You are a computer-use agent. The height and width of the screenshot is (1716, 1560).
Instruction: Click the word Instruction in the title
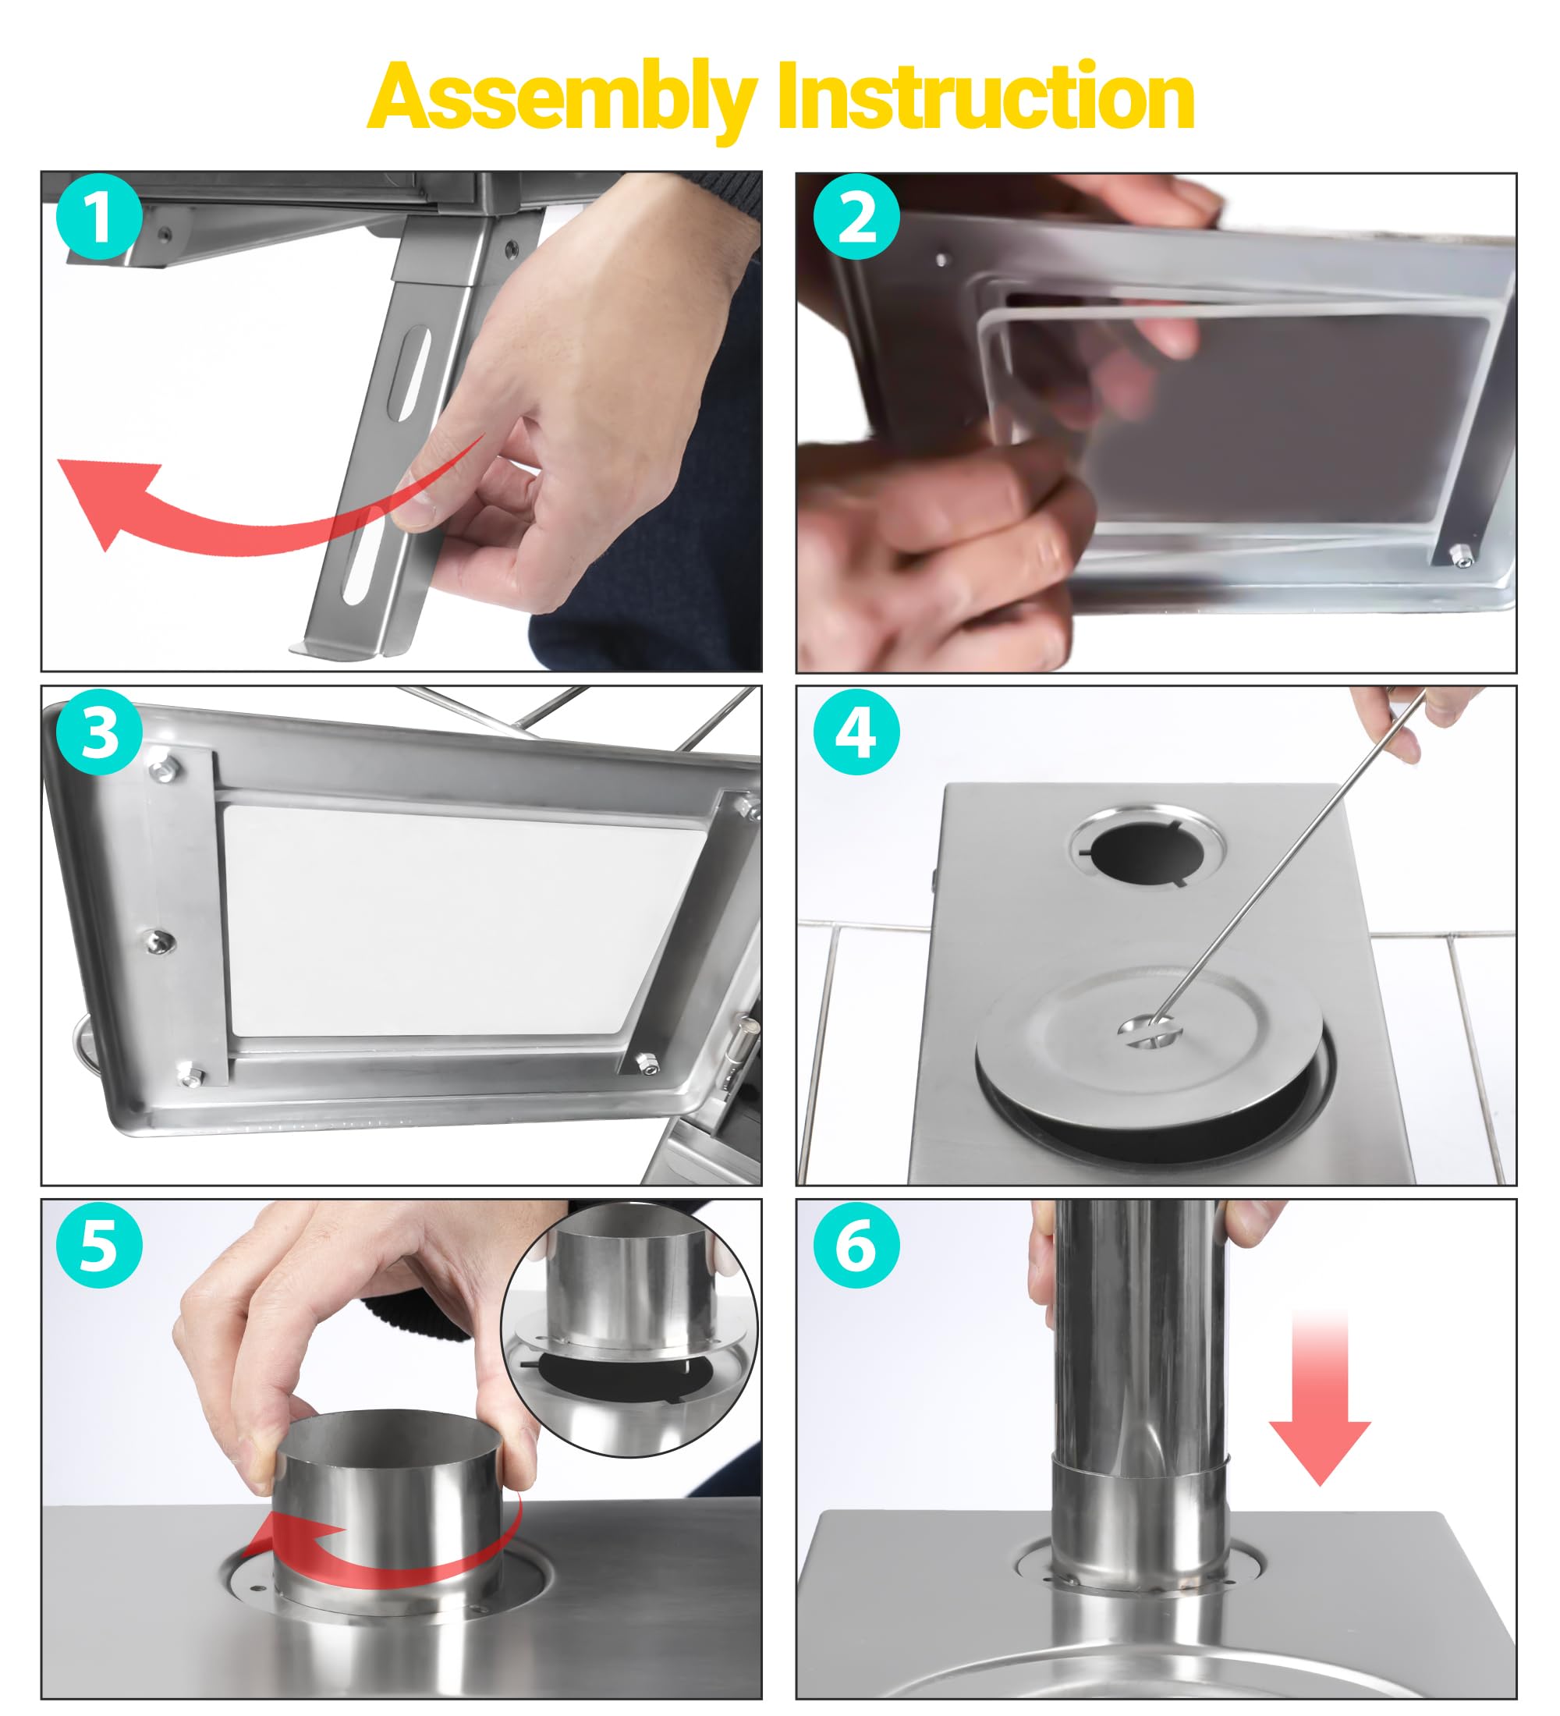pos(986,95)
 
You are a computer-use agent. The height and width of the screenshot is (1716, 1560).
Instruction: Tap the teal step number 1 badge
pos(99,217)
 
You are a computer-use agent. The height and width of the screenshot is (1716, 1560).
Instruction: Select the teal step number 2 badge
pos(856,217)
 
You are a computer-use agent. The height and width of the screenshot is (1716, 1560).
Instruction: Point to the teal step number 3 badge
pos(99,731)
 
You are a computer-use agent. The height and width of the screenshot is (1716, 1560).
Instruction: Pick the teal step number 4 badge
pos(856,731)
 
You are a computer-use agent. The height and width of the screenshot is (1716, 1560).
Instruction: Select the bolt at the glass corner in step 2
pos(1461,558)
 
